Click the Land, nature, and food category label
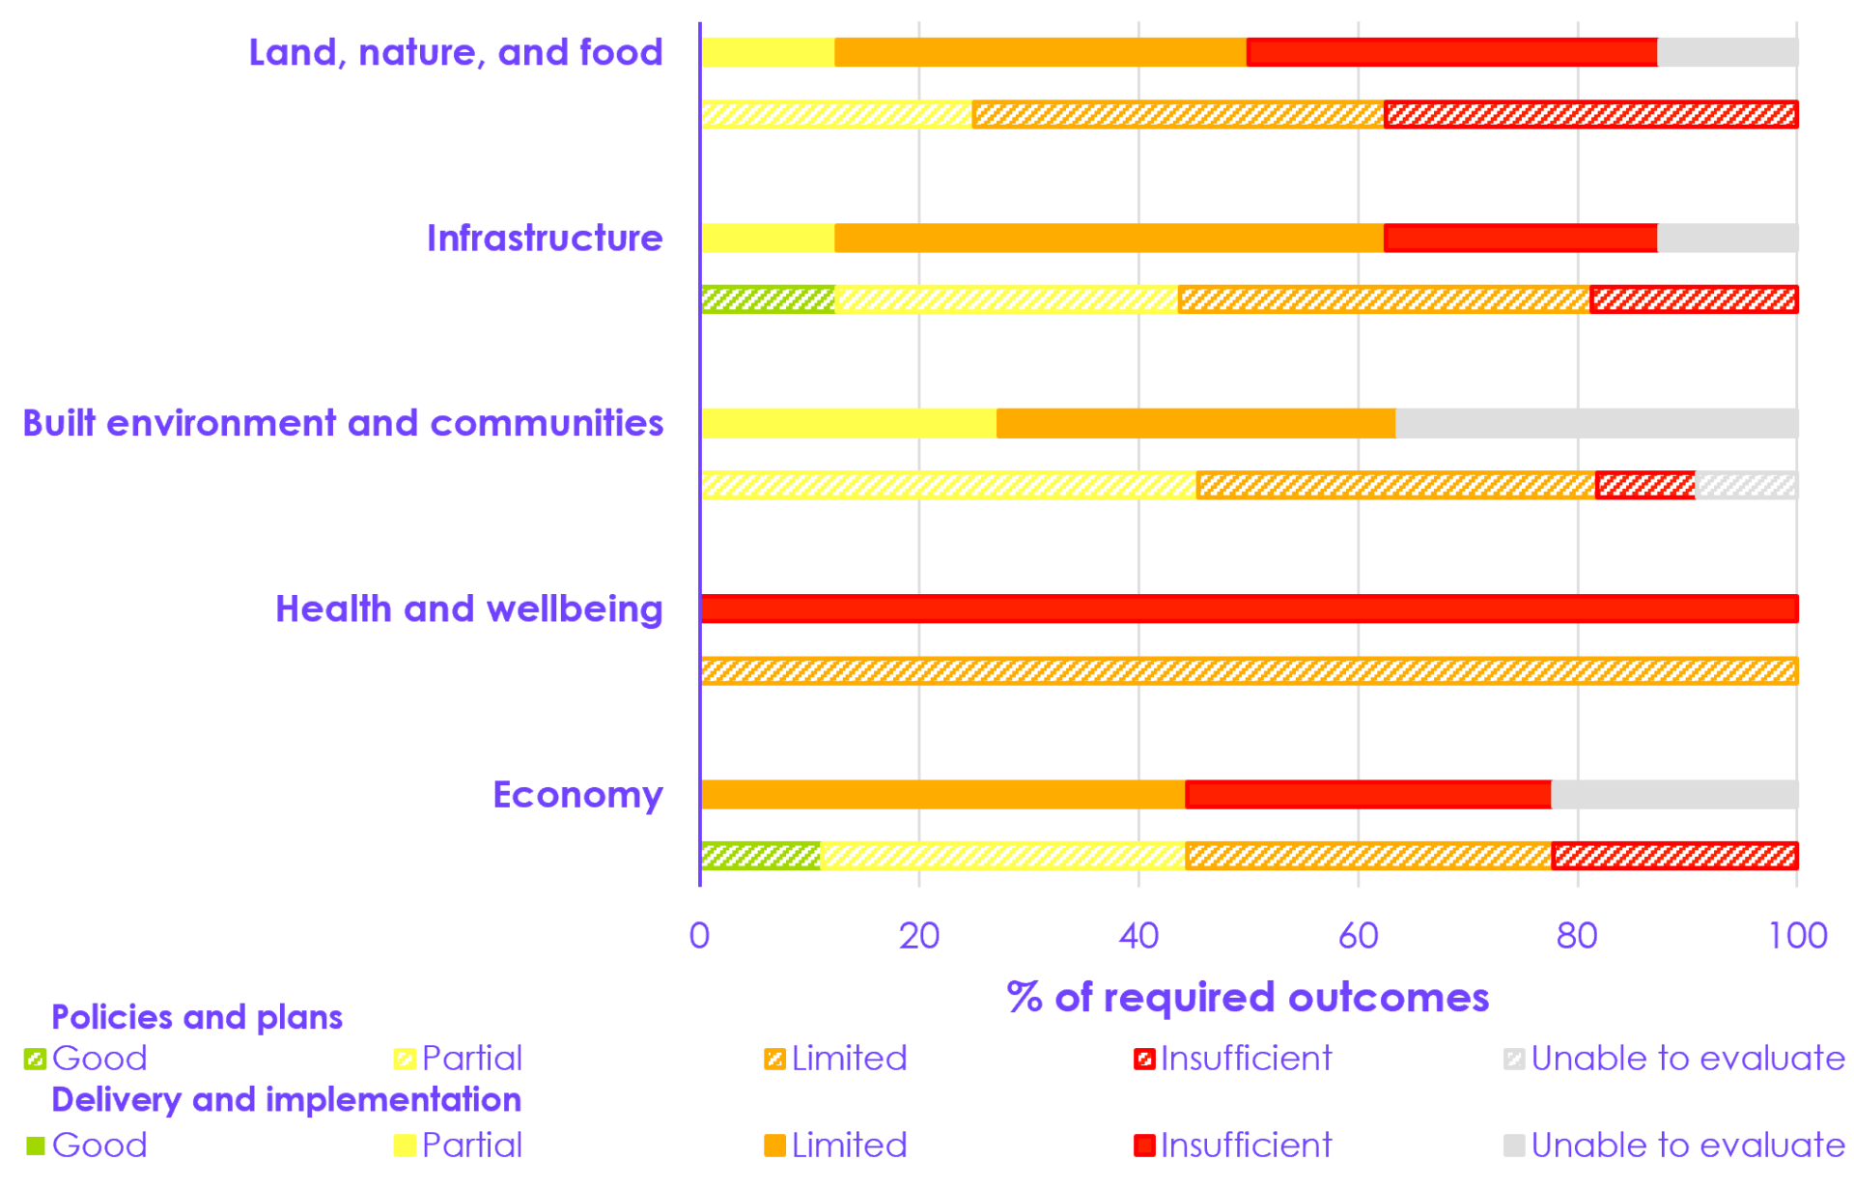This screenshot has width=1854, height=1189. coord(456,52)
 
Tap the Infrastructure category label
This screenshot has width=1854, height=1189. coord(545,238)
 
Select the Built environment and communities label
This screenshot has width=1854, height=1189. coord(343,423)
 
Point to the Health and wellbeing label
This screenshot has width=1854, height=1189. coord(469,609)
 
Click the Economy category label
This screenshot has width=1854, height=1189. coord(577,794)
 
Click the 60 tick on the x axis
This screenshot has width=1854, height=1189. coord(1358,935)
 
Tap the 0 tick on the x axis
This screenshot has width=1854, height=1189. coord(700,935)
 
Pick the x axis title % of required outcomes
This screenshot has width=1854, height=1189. coord(1248,997)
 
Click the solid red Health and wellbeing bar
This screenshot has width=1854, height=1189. coord(1250,609)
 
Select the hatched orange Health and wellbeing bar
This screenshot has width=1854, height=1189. coord(1250,670)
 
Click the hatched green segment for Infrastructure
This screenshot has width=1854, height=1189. coord(768,299)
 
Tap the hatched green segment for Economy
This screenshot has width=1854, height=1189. coord(761,856)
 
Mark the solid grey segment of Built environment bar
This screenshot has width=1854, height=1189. coord(1596,423)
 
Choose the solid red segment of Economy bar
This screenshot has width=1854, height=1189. coord(1367,794)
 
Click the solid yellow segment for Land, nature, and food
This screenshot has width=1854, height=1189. coord(768,52)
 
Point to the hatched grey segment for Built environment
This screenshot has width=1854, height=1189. coord(1746,485)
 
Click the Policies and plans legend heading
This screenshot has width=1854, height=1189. coord(197,1017)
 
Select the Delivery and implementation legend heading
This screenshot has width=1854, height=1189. coord(286,1099)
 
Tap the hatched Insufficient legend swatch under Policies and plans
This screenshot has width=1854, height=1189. coord(1144,1060)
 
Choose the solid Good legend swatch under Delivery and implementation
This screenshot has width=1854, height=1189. coord(36,1146)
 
